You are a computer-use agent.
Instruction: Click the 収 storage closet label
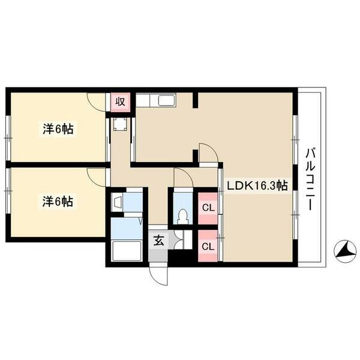click(121, 101)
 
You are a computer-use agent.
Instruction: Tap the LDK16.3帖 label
click(257, 185)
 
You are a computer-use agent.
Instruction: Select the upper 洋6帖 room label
click(58, 129)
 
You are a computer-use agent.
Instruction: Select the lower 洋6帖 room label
click(58, 202)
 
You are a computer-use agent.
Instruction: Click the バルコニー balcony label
click(310, 179)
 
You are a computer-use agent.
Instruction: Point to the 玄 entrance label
click(159, 241)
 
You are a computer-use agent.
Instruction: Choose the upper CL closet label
click(208, 208)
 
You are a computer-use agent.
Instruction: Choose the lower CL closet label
click(208, 247)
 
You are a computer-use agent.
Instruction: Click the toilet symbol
click(183, 217)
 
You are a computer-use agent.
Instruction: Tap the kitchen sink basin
click(167, 100)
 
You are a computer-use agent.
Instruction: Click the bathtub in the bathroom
click(126, 251)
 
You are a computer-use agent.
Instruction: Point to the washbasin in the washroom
click(117, 202)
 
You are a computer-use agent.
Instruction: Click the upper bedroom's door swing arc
click(96, 102)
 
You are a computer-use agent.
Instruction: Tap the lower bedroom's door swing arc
click(96, 177)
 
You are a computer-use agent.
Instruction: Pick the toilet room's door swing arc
click(183, 178)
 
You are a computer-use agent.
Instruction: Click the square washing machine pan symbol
click(120, 124)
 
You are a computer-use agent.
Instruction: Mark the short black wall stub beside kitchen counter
click(195, 100)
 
